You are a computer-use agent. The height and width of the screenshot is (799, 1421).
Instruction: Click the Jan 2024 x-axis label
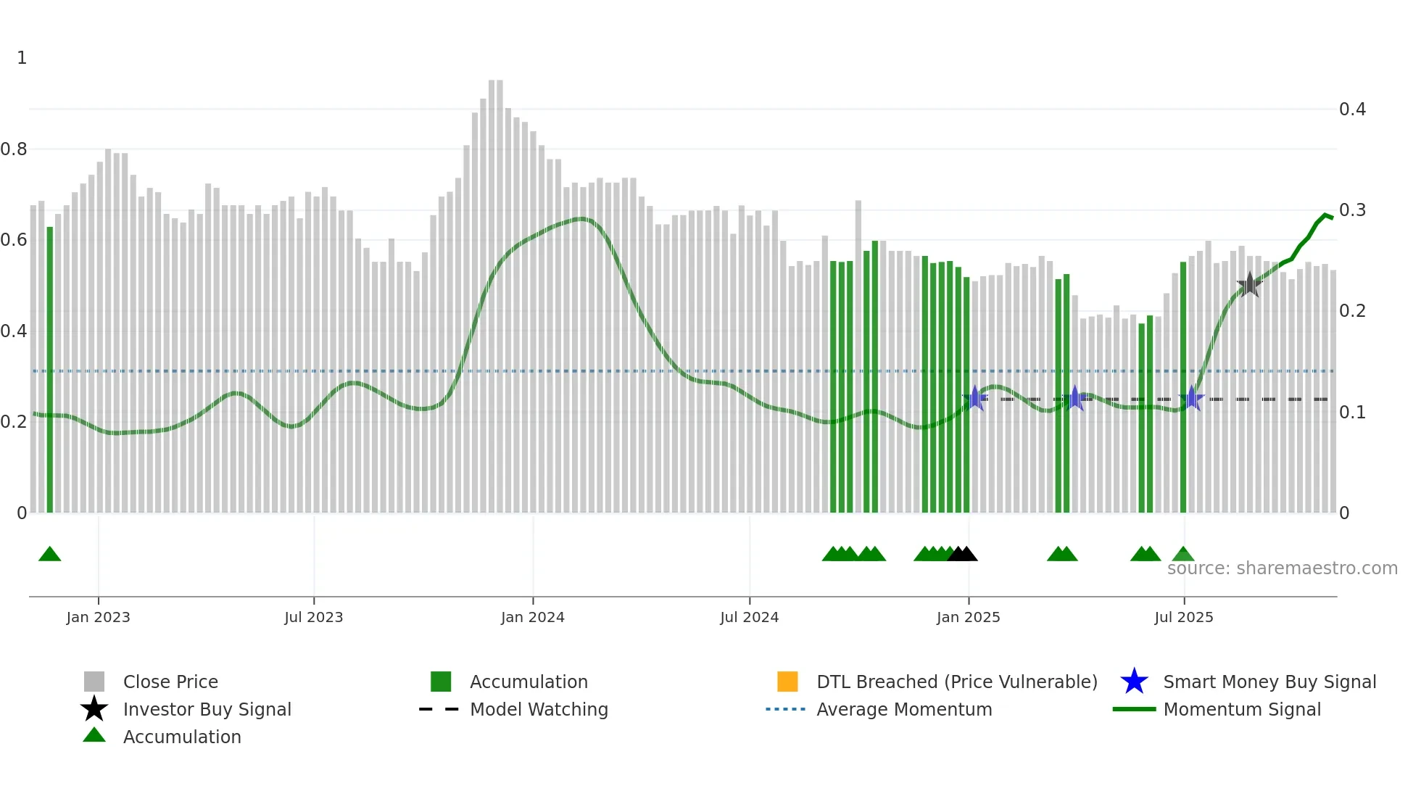(532, 617)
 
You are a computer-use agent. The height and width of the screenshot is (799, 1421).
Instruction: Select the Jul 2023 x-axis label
(313, 617)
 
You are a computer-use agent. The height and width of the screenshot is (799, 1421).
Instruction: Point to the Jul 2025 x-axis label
(1183, 617)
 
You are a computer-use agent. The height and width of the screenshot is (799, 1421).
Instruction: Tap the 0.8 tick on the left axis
(14, 149)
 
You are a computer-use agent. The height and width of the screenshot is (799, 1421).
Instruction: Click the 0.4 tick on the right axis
(1352, 109)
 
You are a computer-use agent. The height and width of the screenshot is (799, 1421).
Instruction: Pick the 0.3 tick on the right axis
(1352, 210)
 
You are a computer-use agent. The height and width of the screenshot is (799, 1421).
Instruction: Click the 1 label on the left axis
(22, 58)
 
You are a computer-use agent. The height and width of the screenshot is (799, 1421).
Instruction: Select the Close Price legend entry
(170, 682)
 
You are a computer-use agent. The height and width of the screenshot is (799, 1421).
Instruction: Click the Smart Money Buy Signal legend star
(1134, 682)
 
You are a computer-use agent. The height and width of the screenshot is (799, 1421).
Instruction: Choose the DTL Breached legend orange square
(787, 682)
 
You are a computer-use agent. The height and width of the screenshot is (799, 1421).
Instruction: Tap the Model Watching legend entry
(538, 709)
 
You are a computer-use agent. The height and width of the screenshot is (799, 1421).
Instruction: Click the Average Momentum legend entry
(903, 709)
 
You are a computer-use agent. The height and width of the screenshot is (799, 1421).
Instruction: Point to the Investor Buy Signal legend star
(94, 709)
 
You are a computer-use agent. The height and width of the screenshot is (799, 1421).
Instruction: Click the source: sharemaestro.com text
(1282, 568)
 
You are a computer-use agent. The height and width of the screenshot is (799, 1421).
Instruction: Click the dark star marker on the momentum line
(1249, 285)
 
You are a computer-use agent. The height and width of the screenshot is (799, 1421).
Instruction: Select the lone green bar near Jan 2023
(50, 370)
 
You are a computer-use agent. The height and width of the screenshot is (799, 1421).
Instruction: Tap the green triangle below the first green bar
(49, 555)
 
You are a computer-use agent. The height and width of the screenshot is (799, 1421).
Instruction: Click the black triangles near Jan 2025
(962, 555)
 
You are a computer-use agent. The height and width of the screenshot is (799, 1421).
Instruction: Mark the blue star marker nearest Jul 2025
(1191, 398)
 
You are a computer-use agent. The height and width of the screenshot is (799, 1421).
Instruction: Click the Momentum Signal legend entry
(1241, 709)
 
